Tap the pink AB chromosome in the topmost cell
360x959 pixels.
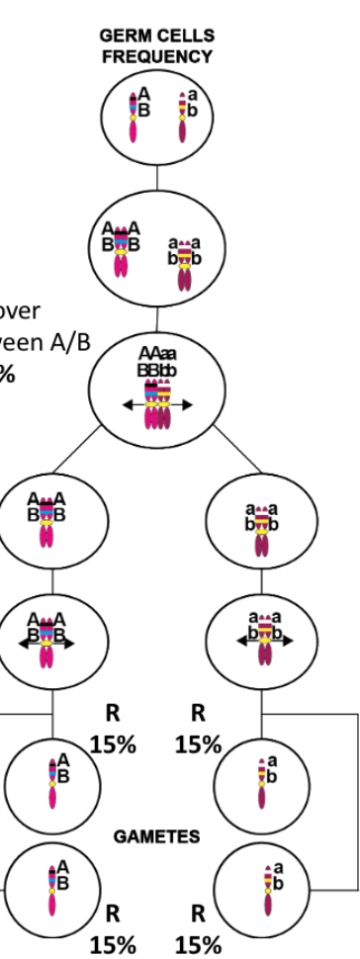click(135, 116)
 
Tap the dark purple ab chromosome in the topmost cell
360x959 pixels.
click(182, 118)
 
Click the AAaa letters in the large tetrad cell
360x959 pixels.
click(157, 354)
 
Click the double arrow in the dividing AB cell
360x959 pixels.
click(46, 640)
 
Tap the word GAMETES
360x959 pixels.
click(156, 836)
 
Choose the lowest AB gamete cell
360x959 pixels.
click(50, 883)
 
